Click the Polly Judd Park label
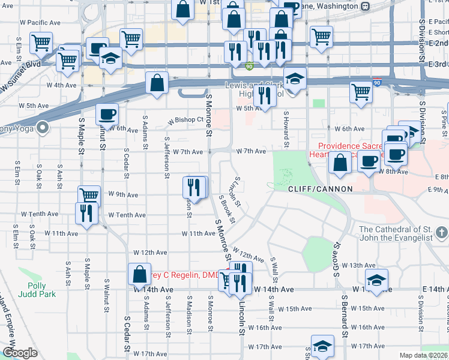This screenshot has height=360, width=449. point(41,290)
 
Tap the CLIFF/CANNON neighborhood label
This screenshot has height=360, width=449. point(320,188)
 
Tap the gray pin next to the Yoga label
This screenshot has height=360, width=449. point(42,127)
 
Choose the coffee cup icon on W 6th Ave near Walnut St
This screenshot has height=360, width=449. point(107,114)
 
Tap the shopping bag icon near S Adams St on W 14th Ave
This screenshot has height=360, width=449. point(139,274)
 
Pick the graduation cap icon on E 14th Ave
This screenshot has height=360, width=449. point(376,280)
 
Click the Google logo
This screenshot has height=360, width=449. point(20,353)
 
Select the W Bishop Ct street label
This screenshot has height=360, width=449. point(185,120)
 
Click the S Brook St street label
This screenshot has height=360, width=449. point(228,208)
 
